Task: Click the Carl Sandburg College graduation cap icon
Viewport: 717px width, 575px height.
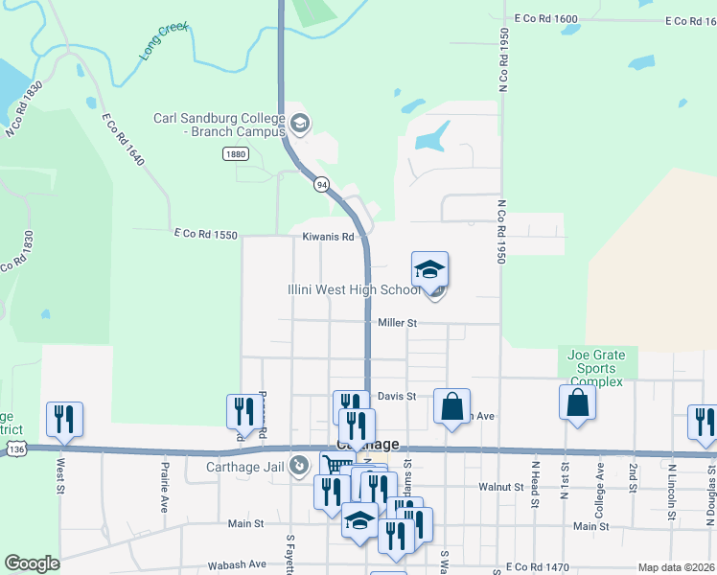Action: tap(299, 124)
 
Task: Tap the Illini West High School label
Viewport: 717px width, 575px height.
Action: tap(353, 289)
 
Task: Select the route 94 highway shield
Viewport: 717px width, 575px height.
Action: tap(321, 183)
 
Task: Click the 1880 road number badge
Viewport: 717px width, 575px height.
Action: tap(235, 154)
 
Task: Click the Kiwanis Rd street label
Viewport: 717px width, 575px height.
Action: tap(329, 236)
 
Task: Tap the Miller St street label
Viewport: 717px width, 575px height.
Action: tap(397, 323)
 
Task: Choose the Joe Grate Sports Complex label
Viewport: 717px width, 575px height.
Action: tap(595, 368)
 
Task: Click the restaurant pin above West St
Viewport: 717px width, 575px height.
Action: tap(64, 420)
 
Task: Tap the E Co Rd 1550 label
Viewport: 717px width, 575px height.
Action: tap(204, 233)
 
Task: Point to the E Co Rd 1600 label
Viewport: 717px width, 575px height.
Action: tap(545, 18)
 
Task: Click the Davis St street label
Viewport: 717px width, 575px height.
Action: tap(396, 396)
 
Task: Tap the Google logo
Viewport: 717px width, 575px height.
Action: tap(33, 563)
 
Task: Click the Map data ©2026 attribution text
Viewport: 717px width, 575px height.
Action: tap(676, 567)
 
